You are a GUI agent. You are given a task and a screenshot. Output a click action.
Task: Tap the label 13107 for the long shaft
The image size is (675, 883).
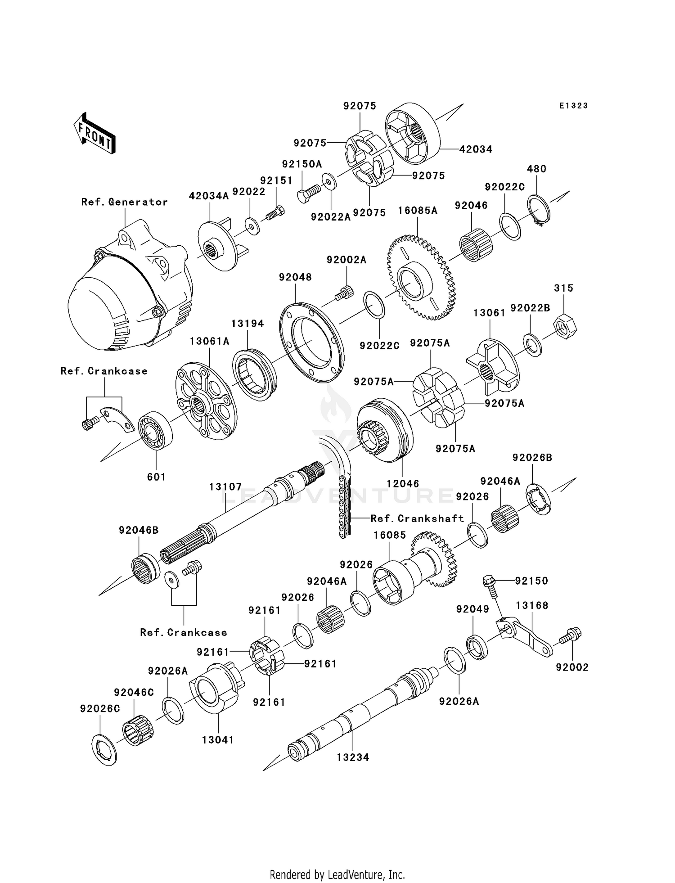(225, 487)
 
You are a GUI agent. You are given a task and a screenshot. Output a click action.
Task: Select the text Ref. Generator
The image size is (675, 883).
(124, 202)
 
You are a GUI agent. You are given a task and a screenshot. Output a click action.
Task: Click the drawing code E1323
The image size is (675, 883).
(573, 106)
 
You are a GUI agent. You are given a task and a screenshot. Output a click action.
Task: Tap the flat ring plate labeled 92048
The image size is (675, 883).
(311, 342)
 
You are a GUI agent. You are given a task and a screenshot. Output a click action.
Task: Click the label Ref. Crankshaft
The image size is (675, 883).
(417, 518)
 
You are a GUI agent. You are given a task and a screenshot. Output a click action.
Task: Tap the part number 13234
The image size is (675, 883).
(353, 757)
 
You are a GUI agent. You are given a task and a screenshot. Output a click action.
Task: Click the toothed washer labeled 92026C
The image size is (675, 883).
(103, 749)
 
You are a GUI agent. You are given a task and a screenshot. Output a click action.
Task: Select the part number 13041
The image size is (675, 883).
(218, 740)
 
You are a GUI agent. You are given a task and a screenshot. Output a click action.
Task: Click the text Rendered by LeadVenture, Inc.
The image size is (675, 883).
(337, 874)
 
